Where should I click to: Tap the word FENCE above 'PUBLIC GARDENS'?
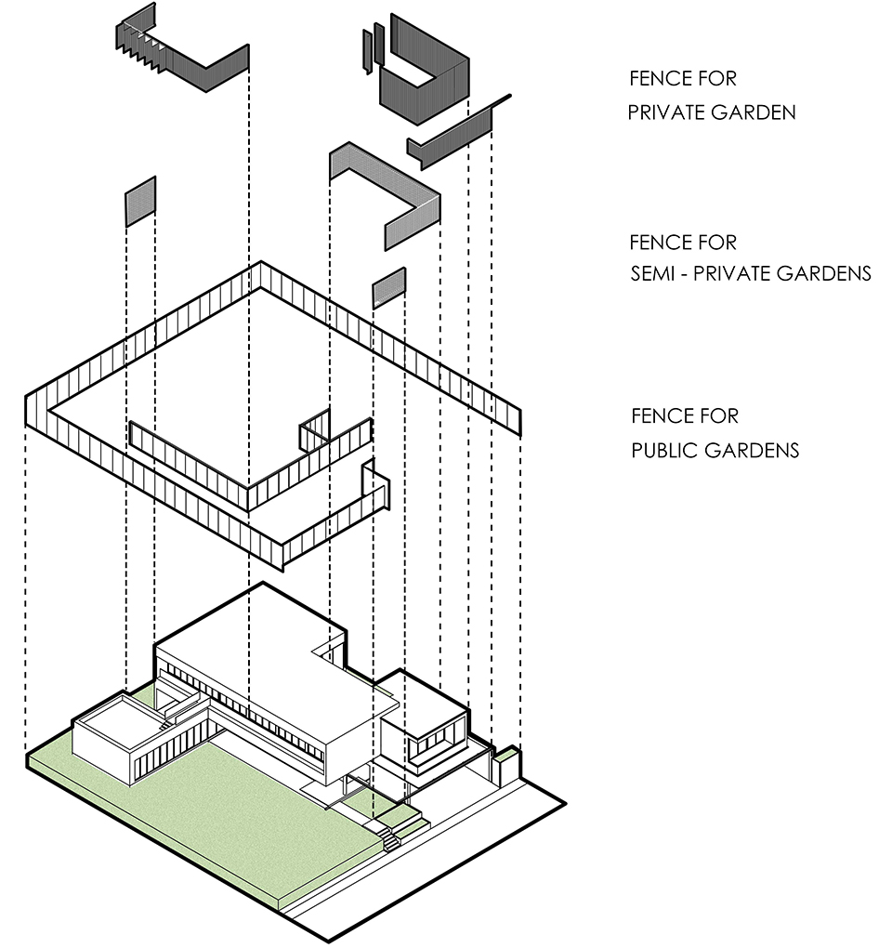664,416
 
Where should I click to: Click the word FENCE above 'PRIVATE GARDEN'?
662,79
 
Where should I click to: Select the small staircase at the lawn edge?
391,839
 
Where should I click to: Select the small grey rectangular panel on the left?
140,202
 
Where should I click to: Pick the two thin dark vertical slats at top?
373,46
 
